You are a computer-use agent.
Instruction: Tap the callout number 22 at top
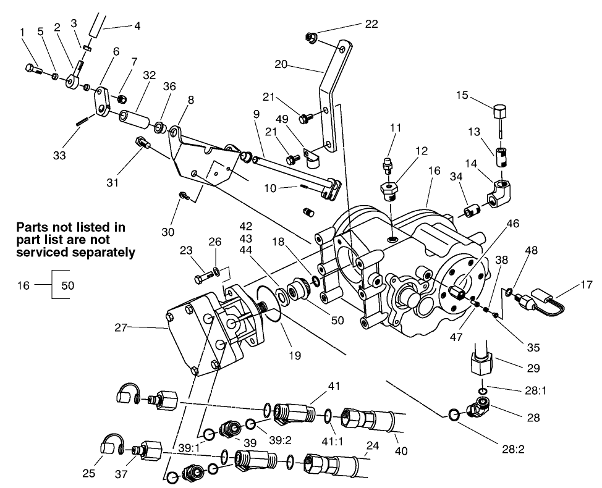371,24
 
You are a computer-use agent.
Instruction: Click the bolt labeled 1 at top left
33,69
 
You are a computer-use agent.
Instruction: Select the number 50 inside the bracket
68,287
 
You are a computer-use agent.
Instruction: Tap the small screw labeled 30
184,196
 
